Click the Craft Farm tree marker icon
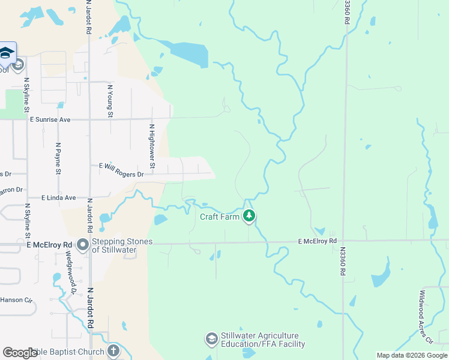[x=249, y=216]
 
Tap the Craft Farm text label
[x=220, y=216]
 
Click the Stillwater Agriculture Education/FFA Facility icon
[x=211, y=340]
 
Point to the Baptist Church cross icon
[x=113, y=350]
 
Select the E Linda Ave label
[x=59, y=197]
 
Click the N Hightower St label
[x=152, y=146]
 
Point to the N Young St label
[x=110, y=100]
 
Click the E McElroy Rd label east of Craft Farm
[x=318, y=241]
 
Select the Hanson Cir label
[x=11, y=299]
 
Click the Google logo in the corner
[x=20, y=352]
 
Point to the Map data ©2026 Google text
[x=412, y=355]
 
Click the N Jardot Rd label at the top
[x=89, y=17]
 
